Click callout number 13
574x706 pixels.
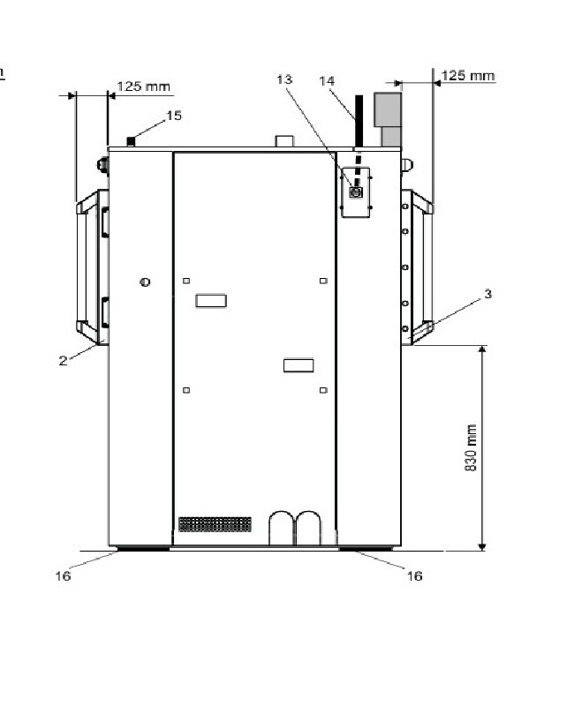point(284,79)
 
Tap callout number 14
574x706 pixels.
point(327,81)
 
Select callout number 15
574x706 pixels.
point(174,116)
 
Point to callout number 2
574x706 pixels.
point(63,360)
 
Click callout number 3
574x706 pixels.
point(488,294)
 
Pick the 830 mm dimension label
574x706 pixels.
point(470,447)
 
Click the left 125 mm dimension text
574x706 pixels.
point(144,86)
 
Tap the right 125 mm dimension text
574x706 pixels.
point(468,75)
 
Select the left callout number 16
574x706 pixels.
point(63,576)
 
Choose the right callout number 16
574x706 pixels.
point(414,576)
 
